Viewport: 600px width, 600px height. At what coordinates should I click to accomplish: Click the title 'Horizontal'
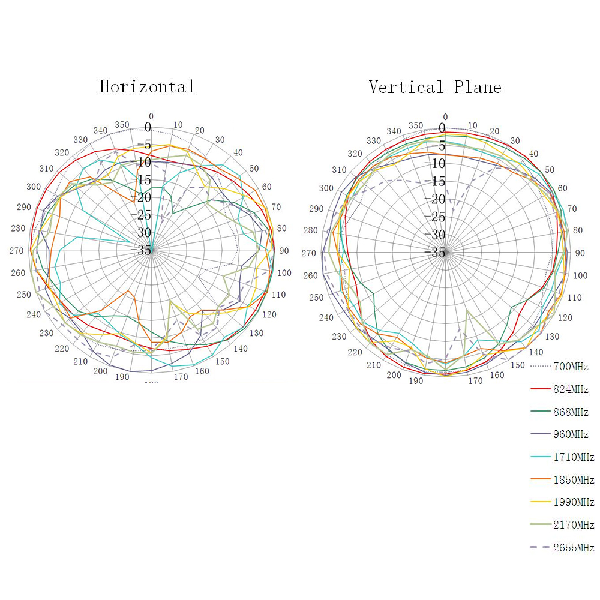point(147,86)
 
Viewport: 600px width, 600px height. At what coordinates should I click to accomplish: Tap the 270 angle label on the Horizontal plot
point(16,251)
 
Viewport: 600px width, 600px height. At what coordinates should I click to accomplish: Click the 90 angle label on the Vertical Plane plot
point(580,253)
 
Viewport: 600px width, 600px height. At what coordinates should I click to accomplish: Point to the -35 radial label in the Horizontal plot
point(145,250)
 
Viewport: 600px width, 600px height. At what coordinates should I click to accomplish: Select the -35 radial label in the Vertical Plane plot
point(438,253)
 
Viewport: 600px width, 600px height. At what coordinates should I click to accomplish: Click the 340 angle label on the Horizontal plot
point(100,131)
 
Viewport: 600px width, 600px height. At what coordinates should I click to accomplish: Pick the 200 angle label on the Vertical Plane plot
point(394,375)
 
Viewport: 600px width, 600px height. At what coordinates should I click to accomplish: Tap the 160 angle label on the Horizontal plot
point(202,371)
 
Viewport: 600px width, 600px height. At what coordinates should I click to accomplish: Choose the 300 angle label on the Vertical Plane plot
point(326,188)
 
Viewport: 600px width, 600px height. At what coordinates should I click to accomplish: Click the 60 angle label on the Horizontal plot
point(266,187)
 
